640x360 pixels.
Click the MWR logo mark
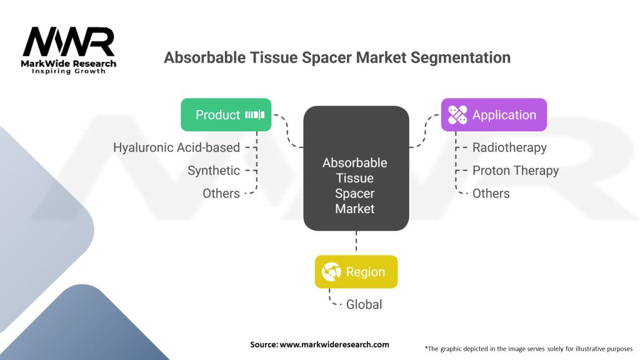[69, 42]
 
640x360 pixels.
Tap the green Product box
[226, 115]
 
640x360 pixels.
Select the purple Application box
[494, 115]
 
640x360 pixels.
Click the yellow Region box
[356, 272]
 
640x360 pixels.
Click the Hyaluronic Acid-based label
[176, 147]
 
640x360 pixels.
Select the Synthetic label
[214, 171]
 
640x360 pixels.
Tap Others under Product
[221, 194]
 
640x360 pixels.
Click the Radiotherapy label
[509, 147]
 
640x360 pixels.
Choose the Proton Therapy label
[516, 171]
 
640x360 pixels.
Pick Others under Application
[491, 194]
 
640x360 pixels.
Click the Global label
[364, 304]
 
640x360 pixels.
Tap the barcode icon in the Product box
[255, 115]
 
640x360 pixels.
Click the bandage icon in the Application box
[457, 115]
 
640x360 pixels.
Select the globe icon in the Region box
[331, 272]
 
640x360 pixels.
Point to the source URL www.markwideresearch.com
[336, 344]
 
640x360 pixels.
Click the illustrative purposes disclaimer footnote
[529, 348]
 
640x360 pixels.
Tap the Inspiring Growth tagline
[69, 71]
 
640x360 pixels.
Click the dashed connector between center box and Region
[356, 242]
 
